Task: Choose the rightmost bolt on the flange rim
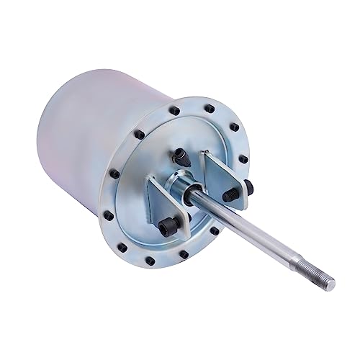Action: pyautogui.click(x=243, y=159)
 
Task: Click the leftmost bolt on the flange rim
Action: pyautogui.click(x=114, y=174)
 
